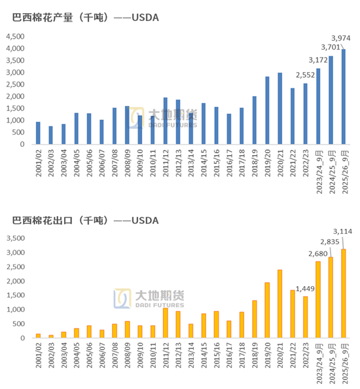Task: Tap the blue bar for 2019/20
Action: [267, 111]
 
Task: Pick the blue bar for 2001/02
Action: [38, 133]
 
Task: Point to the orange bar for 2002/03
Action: [50, 336]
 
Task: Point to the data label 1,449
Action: [305, 288]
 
